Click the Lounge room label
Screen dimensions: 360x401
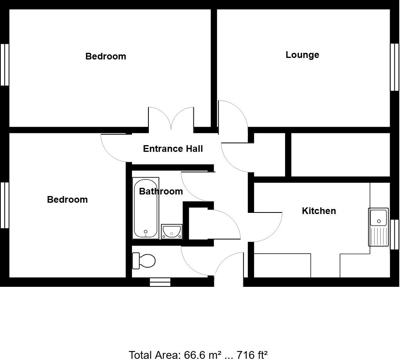pos(302,55)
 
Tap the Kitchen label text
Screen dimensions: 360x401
pos(319,211)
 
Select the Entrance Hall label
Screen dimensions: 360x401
pos(173,149)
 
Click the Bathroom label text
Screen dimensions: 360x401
pos(161,191)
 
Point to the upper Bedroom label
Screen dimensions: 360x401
pos(106,56)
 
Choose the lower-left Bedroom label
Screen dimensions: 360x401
pos(67,200)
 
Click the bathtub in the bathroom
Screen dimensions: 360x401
pos(146,209)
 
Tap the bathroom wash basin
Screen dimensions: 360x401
pos(172,231)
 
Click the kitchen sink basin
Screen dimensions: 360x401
pos(379,217)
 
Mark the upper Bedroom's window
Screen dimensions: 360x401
pos(5,65)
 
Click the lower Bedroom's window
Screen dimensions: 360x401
pos(5,205)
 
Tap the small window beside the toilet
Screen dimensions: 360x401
pos(160,282)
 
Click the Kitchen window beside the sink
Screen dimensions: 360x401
pos(394,234)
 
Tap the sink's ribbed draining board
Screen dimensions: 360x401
pos(378,236)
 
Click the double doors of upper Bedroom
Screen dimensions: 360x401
pos(171,119)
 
